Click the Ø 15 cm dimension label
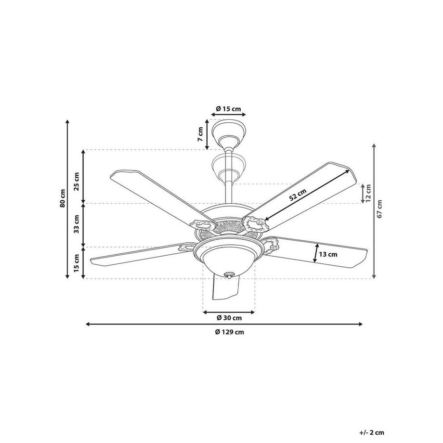click(228, 108)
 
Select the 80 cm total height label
click(62, 199)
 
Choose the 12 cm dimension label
click(368, 193)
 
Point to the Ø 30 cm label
click(229, 318)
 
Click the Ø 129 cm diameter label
click(229, 332)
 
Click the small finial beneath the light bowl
click(229, 275)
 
